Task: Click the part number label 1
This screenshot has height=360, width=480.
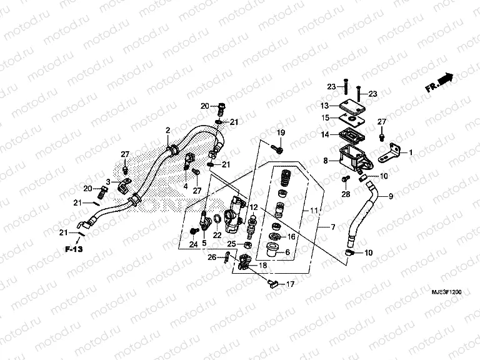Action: click(x=411, y=152)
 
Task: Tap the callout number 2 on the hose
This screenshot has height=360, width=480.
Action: click(x=167, y=130)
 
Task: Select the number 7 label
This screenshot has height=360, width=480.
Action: click(x=333, y=226)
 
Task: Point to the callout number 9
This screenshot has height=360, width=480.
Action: click(x=392, y=197)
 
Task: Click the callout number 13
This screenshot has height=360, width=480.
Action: click(x=325, y=105)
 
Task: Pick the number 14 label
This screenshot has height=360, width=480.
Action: click(x=325, y=134)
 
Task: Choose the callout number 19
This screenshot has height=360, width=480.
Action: click(x=281, y=132)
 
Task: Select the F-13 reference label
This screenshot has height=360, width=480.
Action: click(x=73, y=250)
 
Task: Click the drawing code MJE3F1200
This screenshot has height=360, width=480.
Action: click(x=446, y=292)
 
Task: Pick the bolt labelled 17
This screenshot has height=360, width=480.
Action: click(x=272, y=284)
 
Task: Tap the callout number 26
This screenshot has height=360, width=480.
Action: click(x=211, y=256)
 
